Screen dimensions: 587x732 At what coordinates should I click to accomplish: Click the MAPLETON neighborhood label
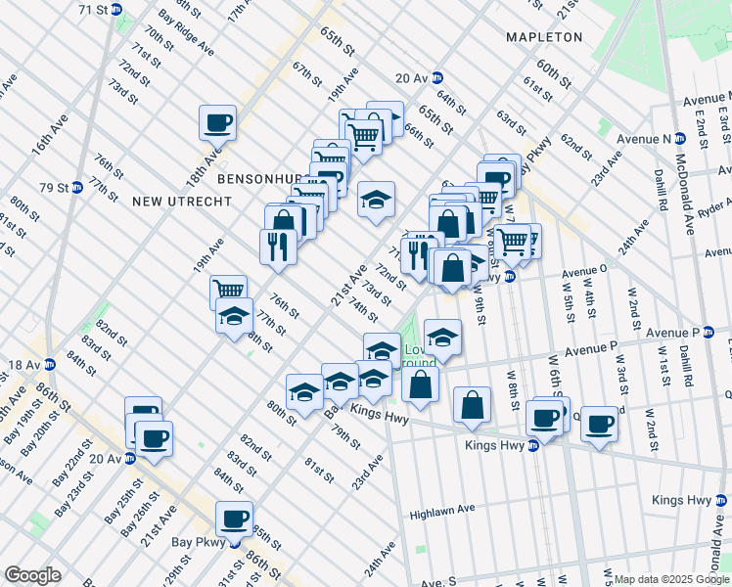(543, 37)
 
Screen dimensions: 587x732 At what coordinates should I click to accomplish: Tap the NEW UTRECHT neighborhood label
(182, 202)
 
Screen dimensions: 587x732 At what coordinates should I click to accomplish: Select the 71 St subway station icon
(116, 9)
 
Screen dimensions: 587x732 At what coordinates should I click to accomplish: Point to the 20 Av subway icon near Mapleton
(436, 78)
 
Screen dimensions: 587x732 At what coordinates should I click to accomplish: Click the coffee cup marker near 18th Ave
(217, 122)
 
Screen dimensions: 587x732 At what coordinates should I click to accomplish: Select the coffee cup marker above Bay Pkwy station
(234, 518)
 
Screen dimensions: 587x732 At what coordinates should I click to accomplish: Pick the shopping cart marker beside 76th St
(228, 291)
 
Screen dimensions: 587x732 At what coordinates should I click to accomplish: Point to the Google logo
(31, 575)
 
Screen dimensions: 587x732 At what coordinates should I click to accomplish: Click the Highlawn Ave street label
(442, 512)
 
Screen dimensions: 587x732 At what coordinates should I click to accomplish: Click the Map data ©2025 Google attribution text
(672, 579)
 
